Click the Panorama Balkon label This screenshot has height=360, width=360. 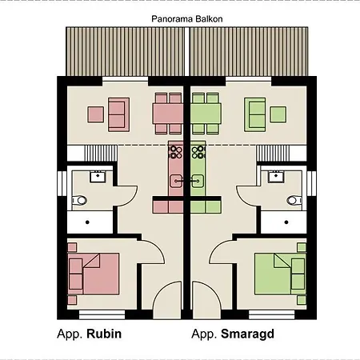(x=187, y=19)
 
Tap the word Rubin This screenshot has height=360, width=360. (x=104, y=334)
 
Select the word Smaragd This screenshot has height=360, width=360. (x=247, y=334)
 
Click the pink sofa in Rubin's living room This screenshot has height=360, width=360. (x=118, y=114)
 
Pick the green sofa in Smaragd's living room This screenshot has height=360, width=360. (x=255, y=114)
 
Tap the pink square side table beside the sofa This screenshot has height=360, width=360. (x=96, y=114)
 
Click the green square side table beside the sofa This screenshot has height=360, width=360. (x=278, y=114)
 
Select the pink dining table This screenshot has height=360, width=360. (x=168, y=114)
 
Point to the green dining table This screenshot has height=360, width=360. (x=206, y=114)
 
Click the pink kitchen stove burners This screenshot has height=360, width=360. (x=175, y=152)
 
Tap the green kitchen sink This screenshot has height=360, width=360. (x=198, y=181)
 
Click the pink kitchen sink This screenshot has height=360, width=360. (x=176, y=181)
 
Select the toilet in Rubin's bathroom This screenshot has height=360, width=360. (x=79, y=200)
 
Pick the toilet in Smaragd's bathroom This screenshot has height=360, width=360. (x=294, y=200)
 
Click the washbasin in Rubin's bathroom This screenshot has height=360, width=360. (x=98, y=177)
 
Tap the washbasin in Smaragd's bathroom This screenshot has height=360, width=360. (x=276, y=177)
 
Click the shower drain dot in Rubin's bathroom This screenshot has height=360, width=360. (x=87, y=222)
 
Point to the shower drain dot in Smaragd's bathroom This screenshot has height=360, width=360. (x=286, y=222)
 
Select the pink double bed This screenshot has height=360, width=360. (x=94, y=274)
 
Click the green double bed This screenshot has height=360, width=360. (x=280, y=274)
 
